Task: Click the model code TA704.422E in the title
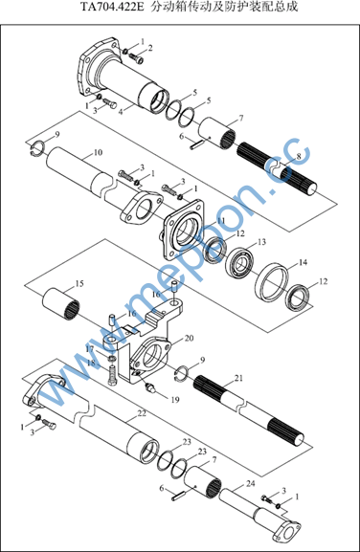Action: [112, 7]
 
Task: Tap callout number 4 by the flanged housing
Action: [121, 112]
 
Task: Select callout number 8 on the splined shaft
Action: [299, 156]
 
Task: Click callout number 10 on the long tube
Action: [98, 152]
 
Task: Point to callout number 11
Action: [221, 221]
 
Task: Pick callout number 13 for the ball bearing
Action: [261, 242]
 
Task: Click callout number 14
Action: [303, 262]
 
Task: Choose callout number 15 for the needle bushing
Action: [79, 284]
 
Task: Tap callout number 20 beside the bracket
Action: [190, 339]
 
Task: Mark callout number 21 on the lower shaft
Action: [238, 378]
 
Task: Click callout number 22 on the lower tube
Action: [142, 413]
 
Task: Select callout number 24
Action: [250, 484]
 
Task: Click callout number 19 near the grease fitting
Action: [175, 400]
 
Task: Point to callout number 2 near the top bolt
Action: [150, 48]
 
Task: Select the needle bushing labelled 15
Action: [61, 304]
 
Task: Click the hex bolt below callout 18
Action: [112, 376]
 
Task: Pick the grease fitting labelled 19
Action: [150, 387]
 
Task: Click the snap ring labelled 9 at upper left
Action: [36, 148]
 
